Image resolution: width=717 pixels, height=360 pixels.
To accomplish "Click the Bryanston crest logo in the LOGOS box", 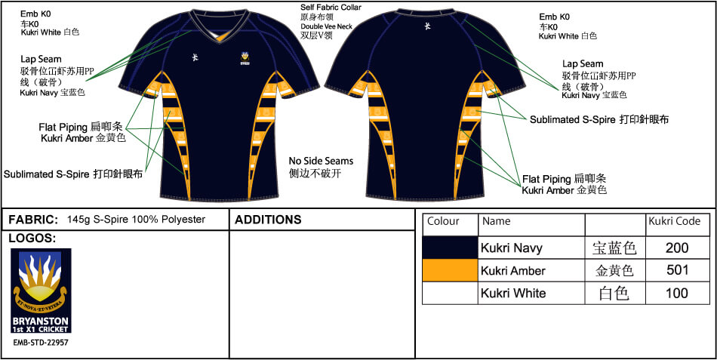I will pos(41,291).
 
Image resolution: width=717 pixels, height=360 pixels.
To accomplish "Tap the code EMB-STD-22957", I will pos(41,342).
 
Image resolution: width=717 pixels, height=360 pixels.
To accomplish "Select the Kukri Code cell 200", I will pos(678,248).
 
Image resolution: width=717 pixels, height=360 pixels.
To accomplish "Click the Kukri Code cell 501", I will pos(678,270).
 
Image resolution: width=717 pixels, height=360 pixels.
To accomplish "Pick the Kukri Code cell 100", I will pos(678,293).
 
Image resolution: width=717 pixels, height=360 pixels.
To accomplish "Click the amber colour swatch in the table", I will pos(451,270).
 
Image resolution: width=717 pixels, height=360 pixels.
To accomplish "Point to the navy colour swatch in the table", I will pos(451,248).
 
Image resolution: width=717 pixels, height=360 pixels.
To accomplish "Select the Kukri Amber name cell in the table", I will pos(512,270).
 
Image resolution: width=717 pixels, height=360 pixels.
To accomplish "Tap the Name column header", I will pos(496,222).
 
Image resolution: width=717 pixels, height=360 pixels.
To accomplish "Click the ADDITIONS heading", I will pos(268,220).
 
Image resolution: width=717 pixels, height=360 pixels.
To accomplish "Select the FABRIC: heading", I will pos(33,220).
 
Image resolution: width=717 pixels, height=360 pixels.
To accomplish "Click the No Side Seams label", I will pos(321,162).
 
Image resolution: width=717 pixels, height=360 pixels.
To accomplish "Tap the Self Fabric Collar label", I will pos(331,8).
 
